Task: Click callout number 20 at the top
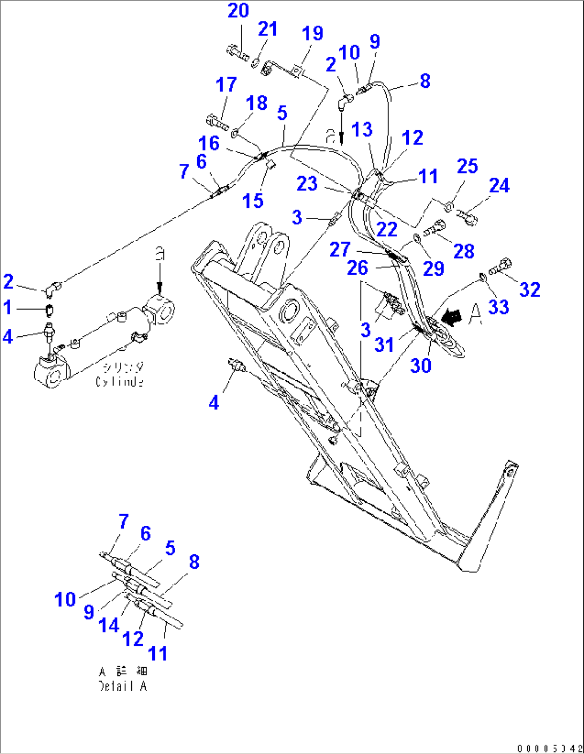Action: click(x=238, y=11)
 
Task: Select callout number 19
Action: click(x=312, y=34)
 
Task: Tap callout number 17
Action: click(x=226, y=85)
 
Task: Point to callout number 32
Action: click(x=529, y=290)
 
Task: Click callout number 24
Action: click(x=499, y=186)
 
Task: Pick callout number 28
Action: click(x=463, y=251)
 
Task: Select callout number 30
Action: click(x=421, y=366)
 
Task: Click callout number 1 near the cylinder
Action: click(x=8, y=308)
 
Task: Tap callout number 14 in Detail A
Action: click(x=109, y=625)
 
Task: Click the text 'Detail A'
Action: click(x=123, y=686)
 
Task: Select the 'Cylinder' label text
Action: click(x=119, y=382)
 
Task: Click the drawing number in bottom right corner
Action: click(x=550, y=748)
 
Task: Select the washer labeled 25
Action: click(x=449, y=205)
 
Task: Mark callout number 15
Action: click(x=253, y=201)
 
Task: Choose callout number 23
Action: click(x=307, y=184)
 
